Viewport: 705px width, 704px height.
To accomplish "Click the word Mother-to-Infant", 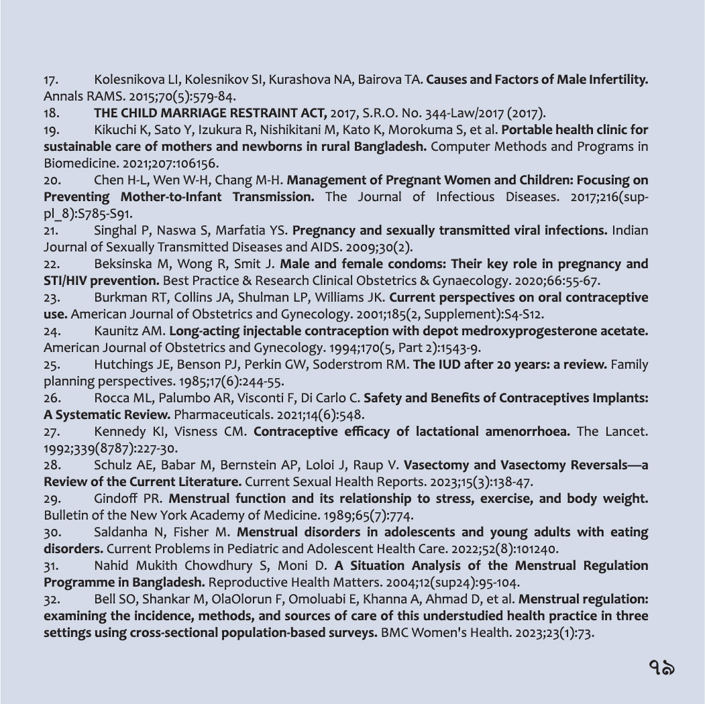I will click(x=173, y=197).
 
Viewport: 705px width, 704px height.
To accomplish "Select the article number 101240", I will click(x=537, y=549).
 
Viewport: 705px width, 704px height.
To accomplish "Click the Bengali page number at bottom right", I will click(x=661, y=667).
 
